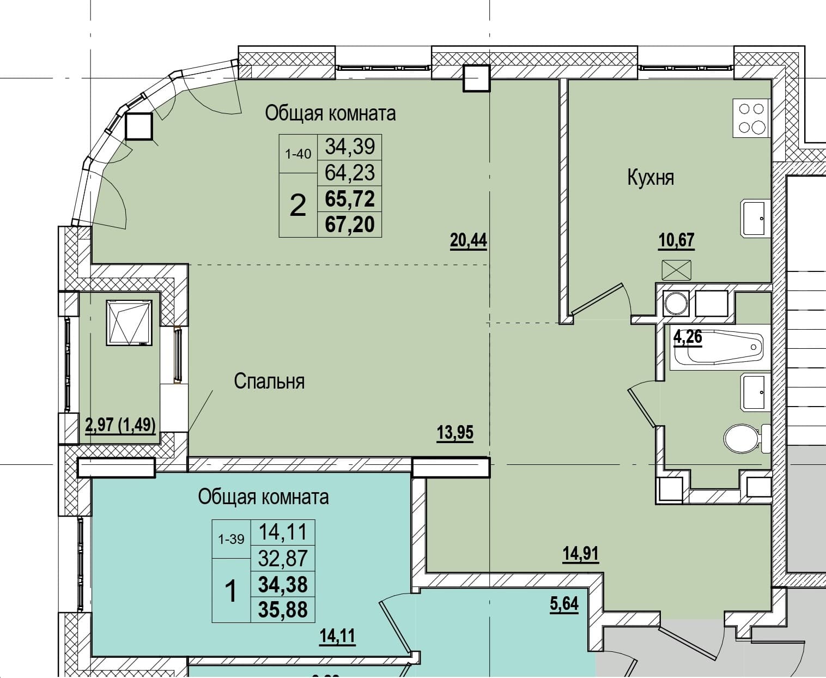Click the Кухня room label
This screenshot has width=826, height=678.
pyautogui.click(x=651, y=178)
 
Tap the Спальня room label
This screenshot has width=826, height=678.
pyautogui.click(x=270, y=381)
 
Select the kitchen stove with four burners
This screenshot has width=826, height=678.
pyautogui.click(x=751, y=118)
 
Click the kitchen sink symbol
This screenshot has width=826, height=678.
pyautogui.click(x=755, y=219)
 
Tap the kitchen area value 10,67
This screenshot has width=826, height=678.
pyautogui.click(x=676, y=240)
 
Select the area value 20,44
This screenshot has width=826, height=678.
pyautogui.click(x=469, y=240)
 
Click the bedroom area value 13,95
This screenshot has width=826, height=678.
pyautogui.click(x=455, y=433)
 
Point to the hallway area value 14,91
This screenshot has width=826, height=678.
pyautogui.click(x=581, y=554)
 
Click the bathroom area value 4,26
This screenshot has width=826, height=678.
pyautogui.click(x=688, y=337)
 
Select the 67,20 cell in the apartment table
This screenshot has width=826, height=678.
pyautogui.click(x=350, y=225)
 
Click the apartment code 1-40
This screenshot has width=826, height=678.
pyautogui.click(x=298, y=154)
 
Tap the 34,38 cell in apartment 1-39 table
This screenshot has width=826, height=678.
pyautogui.click(x=283, y=584)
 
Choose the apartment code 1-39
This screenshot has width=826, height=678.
pyautogui.click(x=231, y=540)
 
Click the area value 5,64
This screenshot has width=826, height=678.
pyautogui.click(x=564, y=603)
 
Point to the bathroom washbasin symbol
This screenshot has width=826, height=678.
pyautogui.click(x=755, y=392)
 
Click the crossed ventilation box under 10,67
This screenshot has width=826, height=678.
pyautogui.click(x=676, y=270)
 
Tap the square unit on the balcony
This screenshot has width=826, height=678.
pyautogui.click(x=129, y=323)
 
